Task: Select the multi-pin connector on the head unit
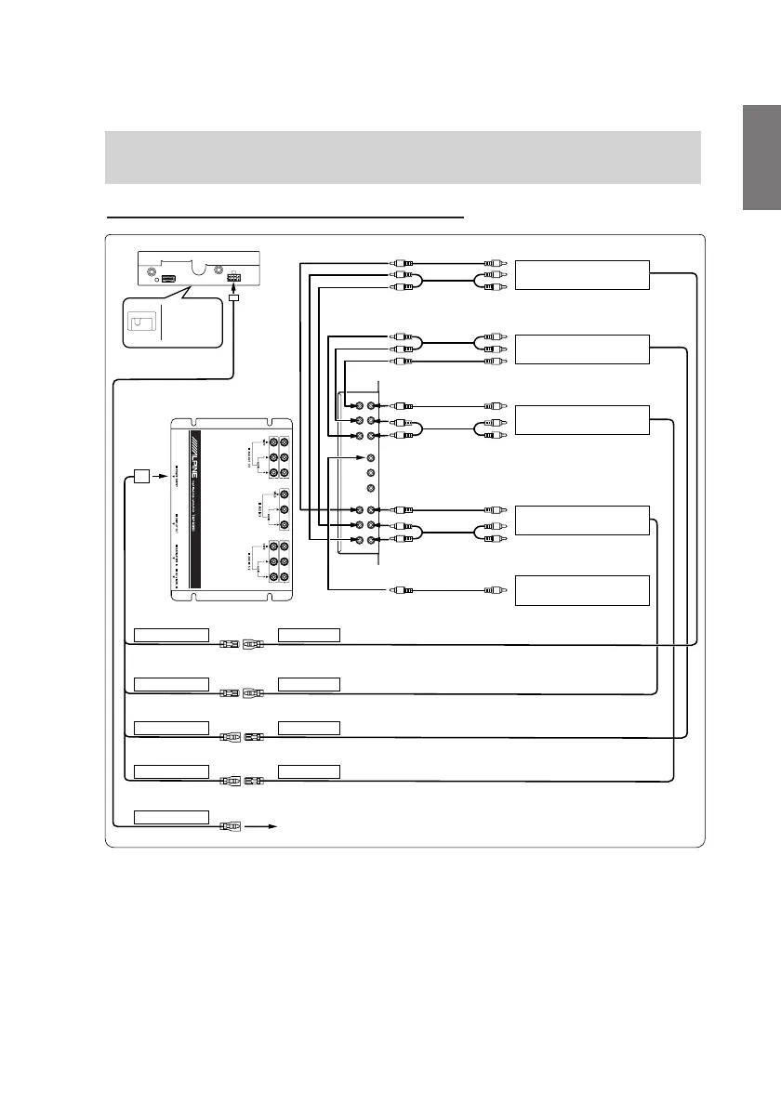[x=233, y=278]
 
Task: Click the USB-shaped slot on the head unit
[x=168, y=278]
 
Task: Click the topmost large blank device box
[x=581, y=275]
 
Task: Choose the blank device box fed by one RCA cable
[x=581, y=590]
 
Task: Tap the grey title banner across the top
[x=403, y=156]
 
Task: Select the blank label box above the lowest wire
[x=171, y=816]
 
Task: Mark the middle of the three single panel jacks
[x=371, y=473]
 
